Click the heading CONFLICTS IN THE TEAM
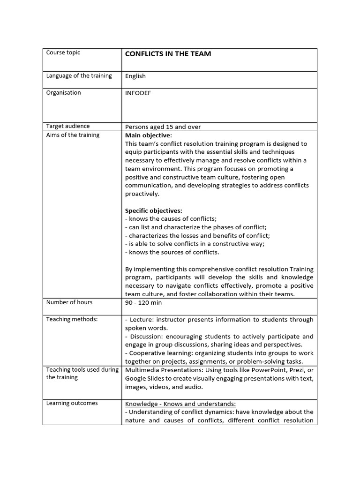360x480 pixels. [x=168, y=54]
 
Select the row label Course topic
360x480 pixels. [x=63, y=52]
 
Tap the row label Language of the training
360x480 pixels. [x=79, y=76]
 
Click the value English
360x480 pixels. [x=135, y=76]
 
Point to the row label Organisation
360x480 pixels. [x=63, y=93]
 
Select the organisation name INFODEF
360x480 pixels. [x=138, y=93]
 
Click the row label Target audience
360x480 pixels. [x=67, y=126]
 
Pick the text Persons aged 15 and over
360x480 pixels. [x=163, y=127]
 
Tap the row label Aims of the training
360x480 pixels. [x=73, y=135]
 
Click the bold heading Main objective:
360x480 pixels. [x=149, y=135]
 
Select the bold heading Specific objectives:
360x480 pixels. [x=154, y=210]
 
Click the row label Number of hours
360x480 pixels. [x=69, y=302]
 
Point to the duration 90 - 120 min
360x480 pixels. [x=143, y=303]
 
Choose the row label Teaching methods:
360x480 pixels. [x=72, y=319]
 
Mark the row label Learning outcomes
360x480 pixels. [x=72, y=403]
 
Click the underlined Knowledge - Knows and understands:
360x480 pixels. [x=180, y=404]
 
